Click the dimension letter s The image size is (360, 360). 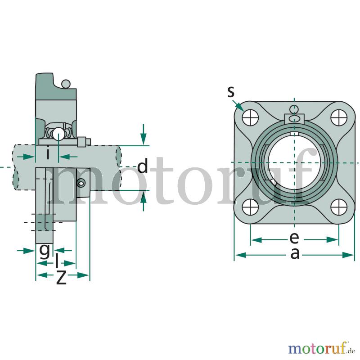tap(231, 92)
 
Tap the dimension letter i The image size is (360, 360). tap(48, 153)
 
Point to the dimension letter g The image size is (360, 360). tap(44, 251)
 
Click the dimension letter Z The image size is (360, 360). tap(61, 277)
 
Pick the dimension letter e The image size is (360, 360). tap(294, 238)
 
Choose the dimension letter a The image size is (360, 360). tap(295, 254)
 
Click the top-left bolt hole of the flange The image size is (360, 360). tap(250, 117)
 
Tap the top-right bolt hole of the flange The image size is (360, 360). tap(339, 117)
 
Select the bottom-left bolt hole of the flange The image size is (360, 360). tap(250, 207)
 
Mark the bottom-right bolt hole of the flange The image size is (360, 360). tap(339, 207)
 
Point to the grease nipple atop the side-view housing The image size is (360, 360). tap(66, 84)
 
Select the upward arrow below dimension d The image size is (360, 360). tap(144, 201)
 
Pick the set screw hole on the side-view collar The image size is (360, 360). tap(81, 183)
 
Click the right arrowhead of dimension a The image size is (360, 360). tap(348, 255)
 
